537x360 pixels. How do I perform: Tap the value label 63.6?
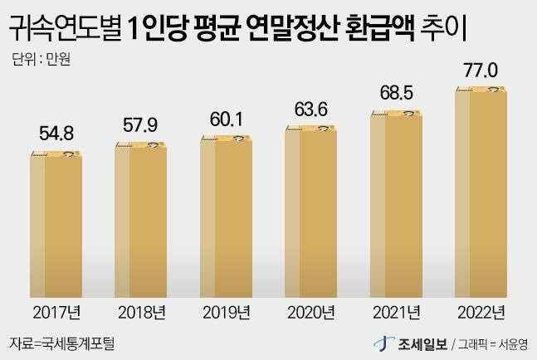[x=311, y=109]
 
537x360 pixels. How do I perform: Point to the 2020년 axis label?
[x=311, y=313]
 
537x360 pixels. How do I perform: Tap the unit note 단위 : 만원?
[x=39, y=60]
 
